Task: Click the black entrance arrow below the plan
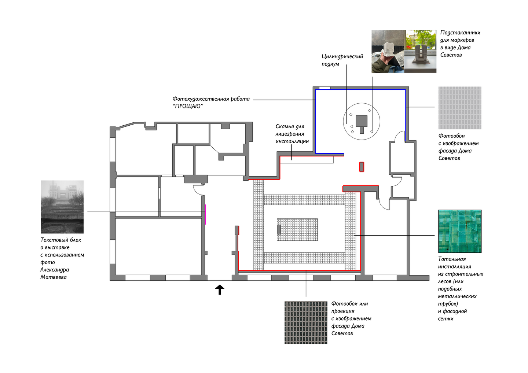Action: pos(220,290)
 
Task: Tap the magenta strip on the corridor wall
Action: pos(205,214)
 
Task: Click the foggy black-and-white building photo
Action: pos(62,207)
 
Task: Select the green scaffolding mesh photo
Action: pos(460,231)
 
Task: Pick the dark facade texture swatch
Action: pos(306,322)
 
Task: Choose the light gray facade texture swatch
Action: pos(460,108)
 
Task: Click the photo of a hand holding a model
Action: pos(388,51)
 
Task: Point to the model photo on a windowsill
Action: pos(421,51)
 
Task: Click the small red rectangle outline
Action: pos(362,167)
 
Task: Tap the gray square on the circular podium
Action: pos(362,121)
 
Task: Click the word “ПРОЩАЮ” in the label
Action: pos(188,106)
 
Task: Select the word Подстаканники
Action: pos(460,33)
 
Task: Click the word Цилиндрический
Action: pos(342,56)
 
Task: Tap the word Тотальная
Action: pos(452,259)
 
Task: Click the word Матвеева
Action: pos(54,277)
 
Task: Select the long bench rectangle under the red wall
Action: pos(307,160)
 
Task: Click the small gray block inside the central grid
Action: pos(279,230)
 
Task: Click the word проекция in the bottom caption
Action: pos(343,311)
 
